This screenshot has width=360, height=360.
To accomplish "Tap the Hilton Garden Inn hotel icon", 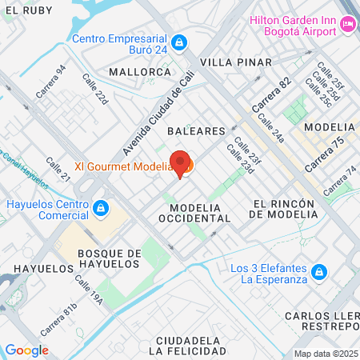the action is tap(348, 25).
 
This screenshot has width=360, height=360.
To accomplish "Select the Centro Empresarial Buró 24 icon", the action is tap(181, 41).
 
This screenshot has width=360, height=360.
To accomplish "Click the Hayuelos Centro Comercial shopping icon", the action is tap(100, 210).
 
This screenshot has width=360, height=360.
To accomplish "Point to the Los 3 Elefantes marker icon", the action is tap(318, 273).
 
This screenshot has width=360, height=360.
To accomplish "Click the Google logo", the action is tap(26, 350).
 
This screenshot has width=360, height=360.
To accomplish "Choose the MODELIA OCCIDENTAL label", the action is tap(194, 212).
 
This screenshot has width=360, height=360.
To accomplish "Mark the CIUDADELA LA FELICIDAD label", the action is tap(186, 346).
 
